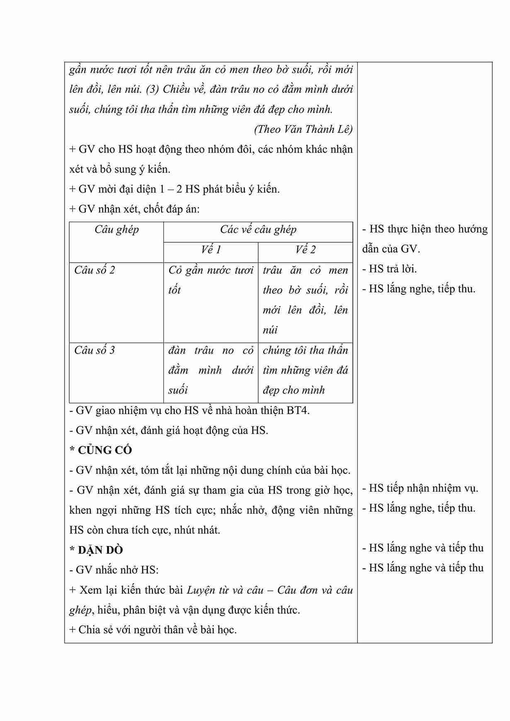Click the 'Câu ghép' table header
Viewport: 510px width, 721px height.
click(x=117, y=230)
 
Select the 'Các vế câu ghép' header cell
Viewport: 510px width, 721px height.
click(x=258, y=230)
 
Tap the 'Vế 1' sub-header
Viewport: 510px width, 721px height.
click(x=211, y=250)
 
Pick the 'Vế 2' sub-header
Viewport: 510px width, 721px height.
click(x=305, y=250)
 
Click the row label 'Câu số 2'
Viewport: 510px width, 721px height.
click(x=95, y=270)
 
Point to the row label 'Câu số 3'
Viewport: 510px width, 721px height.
click(x=95, y=350)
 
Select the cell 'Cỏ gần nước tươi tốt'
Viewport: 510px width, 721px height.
click(x=211, y=280)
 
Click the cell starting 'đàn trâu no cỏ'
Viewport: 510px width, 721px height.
click(x=211, y=370)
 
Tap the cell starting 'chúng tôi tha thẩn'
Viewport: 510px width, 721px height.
click(x=305, y=370)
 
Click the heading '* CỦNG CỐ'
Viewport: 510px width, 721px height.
click(x=101, y=450)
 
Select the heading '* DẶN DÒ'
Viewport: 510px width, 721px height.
click(x=96, y=550)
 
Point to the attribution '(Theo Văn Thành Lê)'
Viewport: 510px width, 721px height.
click(x=303, y=129)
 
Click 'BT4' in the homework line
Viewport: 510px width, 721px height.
click(x=297, y=410)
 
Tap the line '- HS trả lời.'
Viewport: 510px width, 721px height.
click(x=389, y=269)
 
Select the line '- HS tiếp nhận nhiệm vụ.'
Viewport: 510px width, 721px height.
click(x=420, y=488)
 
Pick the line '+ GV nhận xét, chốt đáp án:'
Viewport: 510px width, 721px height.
click(x=134, y=209)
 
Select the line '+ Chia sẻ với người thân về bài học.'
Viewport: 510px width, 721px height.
click(x=153, y=630)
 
